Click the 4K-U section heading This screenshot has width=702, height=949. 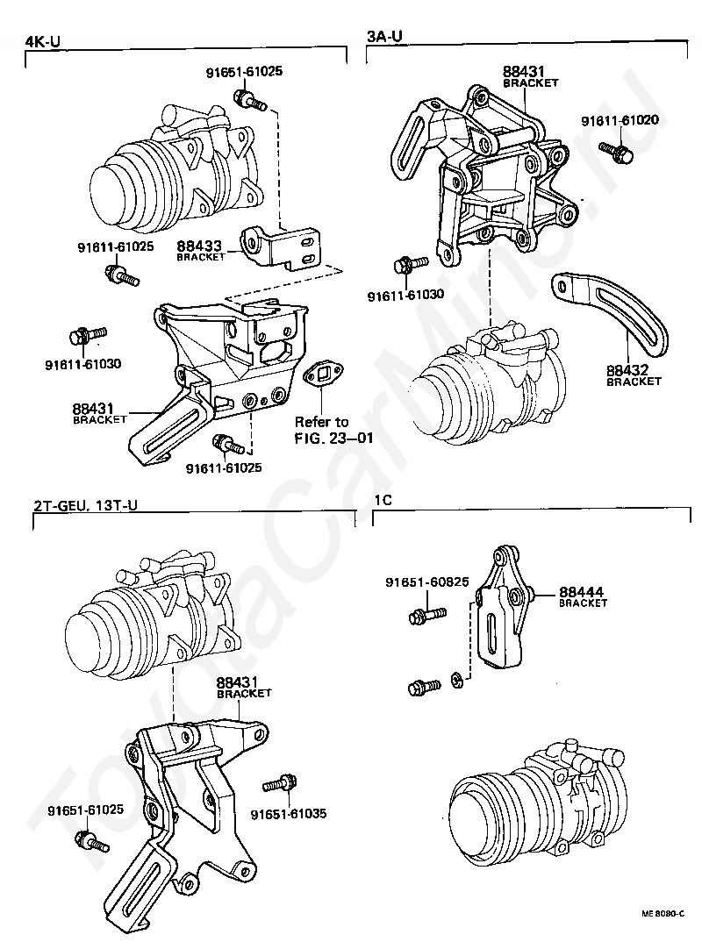42,40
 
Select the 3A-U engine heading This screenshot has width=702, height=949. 384,36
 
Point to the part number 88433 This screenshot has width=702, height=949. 197,247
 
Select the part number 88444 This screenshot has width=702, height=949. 583,592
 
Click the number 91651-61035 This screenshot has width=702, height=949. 288,813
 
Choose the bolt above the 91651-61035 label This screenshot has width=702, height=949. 285,782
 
